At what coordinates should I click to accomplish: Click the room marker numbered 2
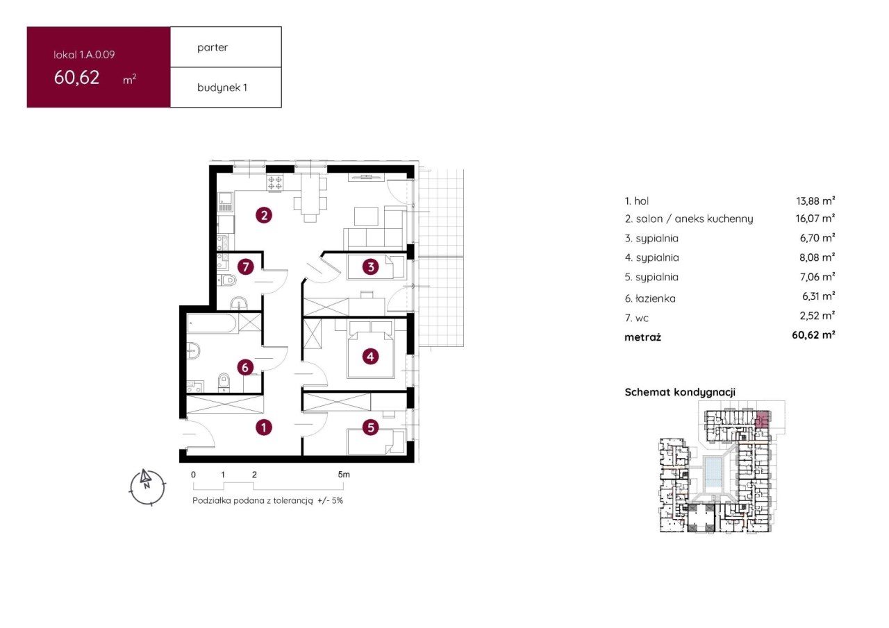264,216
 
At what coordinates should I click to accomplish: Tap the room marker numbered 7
246,267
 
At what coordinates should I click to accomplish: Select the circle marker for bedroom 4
370,357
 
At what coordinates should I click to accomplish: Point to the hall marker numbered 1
264,427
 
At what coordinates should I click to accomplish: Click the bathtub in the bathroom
212,323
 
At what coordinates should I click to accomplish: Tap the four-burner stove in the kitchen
275,183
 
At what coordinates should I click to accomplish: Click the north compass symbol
147,487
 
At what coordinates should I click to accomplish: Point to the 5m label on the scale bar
344,475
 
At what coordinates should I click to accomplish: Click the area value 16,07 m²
815,218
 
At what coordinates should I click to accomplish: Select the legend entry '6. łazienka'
650,298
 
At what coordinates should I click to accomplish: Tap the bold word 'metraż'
643,337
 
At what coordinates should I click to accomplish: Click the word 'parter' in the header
213,48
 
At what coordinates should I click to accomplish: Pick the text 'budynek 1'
222,87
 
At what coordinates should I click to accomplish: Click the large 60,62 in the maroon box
76,77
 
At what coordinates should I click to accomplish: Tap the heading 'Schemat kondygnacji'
680,392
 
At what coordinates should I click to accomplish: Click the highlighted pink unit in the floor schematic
763,419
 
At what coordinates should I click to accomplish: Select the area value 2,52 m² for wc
817,316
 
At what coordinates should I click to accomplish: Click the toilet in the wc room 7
227,281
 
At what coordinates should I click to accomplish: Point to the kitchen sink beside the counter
226,202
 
